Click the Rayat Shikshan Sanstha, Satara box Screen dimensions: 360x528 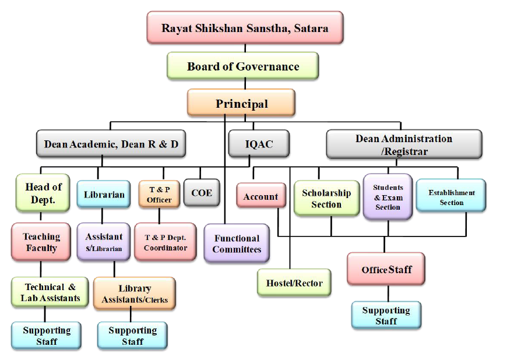[x=245, y=27]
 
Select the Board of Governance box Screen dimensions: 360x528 [x=243, y=66]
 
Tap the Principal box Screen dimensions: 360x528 [x=241, y=104]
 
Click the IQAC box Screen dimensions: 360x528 [x=259, y=144]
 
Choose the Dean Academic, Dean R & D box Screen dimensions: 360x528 [x=111, y=144]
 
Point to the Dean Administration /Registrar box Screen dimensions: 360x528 [x=404, y=144]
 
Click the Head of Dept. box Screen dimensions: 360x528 [x=43, y=193]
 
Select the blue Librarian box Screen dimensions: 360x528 [x=104, y=194]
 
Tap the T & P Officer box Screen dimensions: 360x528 [x=159, y=195]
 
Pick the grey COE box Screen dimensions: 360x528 [x=202, y=193]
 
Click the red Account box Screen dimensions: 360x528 [x=261, y=196]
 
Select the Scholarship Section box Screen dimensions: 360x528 [x=326, y=199]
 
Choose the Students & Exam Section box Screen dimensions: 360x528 [x=388, y=197]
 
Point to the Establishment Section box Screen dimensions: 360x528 [x=451, y=197]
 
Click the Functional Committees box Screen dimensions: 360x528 [x=237, y=243]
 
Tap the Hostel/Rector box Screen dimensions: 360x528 [x=294, y=283]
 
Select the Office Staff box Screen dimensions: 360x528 [x=386, y=269]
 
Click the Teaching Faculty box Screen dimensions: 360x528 [x=41, y=242]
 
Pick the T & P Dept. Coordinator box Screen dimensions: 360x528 [x=166, y=242]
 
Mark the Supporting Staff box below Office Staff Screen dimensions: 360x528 [x=386, y=315]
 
